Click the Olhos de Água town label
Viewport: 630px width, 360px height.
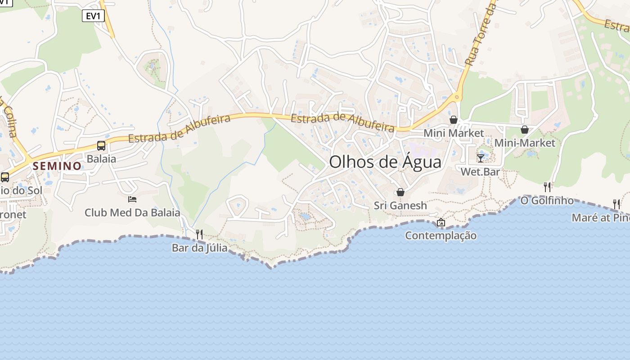[385, 162]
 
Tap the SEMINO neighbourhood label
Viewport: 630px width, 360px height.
[57, 166]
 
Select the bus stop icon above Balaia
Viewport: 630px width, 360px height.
[101, 146]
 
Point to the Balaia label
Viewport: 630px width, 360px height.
[101, 159]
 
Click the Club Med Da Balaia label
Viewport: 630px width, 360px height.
[132, 213]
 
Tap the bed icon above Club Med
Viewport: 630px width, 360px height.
[132, 199]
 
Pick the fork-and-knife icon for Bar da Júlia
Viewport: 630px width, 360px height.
[199, 234]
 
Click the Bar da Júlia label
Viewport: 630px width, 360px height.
[199, 248]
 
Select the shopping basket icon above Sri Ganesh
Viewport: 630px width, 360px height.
[400, 192]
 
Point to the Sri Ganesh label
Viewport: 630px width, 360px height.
[400, 206]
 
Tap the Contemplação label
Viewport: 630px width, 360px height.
[441, 235]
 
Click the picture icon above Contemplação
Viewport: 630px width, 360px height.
[441, 222]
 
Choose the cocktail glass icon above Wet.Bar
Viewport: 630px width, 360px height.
[481, 158]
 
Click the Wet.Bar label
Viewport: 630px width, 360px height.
[481, 171]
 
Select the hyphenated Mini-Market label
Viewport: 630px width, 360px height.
[525, 143]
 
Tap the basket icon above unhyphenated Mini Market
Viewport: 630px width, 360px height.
[454, 120]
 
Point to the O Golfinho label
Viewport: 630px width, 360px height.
[547, 200]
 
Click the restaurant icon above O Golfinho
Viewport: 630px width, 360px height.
[547, 186]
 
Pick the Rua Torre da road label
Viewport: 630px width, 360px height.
[480, 34]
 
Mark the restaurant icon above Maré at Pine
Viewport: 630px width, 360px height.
[616, 204]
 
